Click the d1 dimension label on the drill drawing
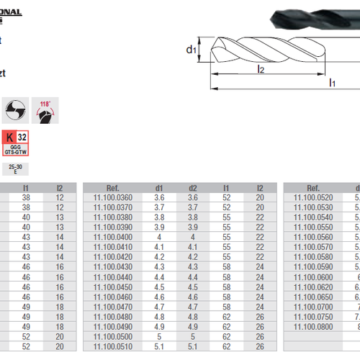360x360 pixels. [189, 50]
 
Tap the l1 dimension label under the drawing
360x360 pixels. [332, 83]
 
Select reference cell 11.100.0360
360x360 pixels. [113, 197]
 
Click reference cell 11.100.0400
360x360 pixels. [113, 236]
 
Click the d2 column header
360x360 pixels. [192, 187]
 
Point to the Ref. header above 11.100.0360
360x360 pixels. [113, 187]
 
